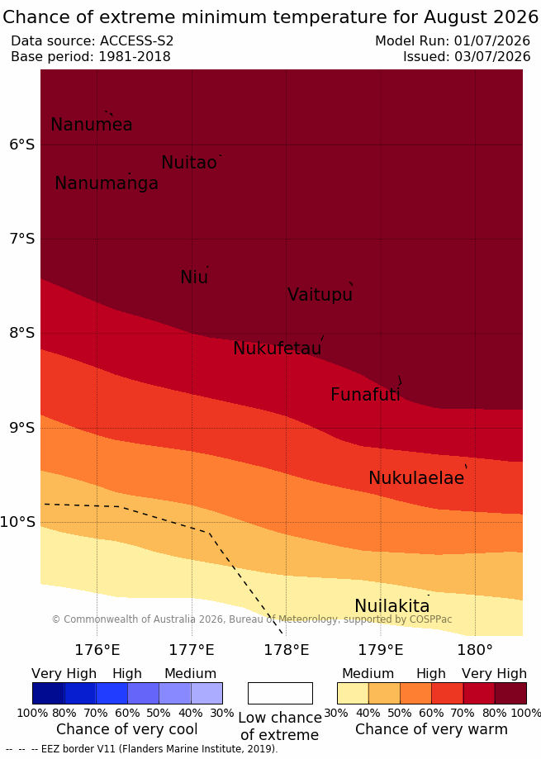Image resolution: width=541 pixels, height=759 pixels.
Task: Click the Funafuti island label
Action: [x=365, y=395]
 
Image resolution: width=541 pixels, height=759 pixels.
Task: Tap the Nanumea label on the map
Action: [x=92, y=125]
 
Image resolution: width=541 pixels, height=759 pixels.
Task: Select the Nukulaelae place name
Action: [x=416, y=477]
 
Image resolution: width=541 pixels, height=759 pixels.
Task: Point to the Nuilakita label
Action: [x=392, y=606]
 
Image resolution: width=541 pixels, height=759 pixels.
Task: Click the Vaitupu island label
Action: [x=320, y=295]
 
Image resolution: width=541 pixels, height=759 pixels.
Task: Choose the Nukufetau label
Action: [x=278, y=348]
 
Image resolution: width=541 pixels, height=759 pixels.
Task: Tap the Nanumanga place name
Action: [x=107, y=183]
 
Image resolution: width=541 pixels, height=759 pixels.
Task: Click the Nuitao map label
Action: [x=189, y=163]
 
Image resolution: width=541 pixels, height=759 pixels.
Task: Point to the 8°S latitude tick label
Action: [x=22, y=333]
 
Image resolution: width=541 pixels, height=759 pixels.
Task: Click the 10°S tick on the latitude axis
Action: [x=18, y=522]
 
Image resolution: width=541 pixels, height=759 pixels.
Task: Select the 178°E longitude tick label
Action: [x=286, y=650]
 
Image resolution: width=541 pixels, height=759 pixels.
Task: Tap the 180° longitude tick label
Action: [x=475, y=650]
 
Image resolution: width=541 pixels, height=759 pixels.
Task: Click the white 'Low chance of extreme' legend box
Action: [x=280, y=693]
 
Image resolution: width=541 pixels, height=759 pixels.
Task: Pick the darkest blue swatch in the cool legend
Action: [x=49, y=693]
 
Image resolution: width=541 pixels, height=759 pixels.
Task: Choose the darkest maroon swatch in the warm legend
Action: [x=510, y=693]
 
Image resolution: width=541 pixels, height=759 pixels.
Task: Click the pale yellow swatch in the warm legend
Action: [x=353, y=693]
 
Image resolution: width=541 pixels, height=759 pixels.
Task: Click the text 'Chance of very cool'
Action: [x=126, y=729]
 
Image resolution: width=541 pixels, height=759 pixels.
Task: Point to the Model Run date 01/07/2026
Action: [x=492, y=41]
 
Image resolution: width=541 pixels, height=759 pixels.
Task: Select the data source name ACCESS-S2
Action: [x=136, y=41]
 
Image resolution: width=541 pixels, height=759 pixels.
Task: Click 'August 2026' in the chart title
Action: [x=481, y=17]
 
